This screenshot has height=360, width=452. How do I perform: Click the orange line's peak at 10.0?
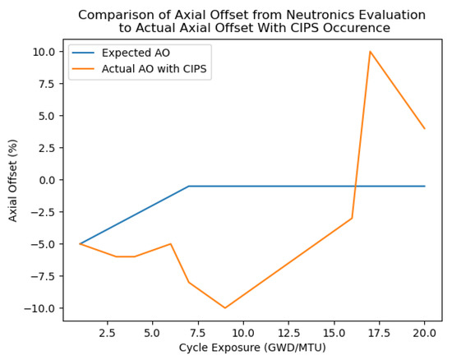(x=370, y=52)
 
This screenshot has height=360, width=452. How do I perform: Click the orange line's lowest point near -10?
(x=225, y=308)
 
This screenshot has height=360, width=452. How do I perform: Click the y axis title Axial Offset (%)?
(x=13, y=179)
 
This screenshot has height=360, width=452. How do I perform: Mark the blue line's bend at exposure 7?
(x=189, y=187)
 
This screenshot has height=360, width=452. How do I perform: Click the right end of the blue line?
(x=425, y=187)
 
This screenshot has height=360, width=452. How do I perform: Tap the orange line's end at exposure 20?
(x=425, y=128)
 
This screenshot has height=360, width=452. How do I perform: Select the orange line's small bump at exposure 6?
(x=171, y=244)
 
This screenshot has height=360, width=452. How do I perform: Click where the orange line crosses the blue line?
(x=355, y=187)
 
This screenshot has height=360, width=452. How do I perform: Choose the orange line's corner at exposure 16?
(x=352, y=219)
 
